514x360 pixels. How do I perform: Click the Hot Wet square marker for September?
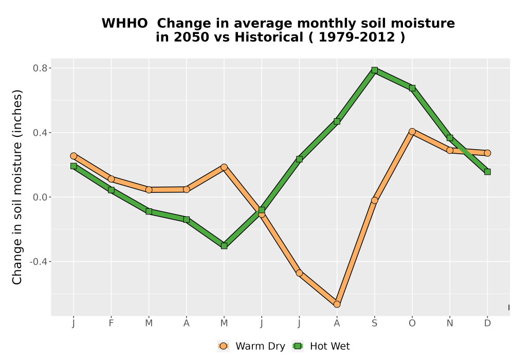coord(374,70)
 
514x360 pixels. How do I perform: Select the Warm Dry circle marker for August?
coord(337,304)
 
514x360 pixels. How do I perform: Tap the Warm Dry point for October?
coord(412,132)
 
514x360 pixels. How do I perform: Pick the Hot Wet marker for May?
coord(224,246)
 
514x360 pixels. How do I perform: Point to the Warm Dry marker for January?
coord(74,156)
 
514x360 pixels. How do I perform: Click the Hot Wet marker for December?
coord(487,172)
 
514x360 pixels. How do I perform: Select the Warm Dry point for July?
coord(299,273)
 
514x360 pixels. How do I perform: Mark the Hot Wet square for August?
coord(337,121)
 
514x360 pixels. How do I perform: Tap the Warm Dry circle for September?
coord(374,201)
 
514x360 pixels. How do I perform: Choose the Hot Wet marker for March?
coord(149,211)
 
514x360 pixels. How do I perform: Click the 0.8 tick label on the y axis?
coord(40,68)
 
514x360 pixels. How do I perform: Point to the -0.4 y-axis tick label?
coord(39,262)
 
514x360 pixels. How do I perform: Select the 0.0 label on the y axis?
coord(40,197)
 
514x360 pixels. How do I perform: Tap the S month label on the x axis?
coord(374,323)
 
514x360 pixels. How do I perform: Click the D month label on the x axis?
coord(487,323)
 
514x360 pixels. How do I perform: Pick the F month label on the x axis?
coord(111,323)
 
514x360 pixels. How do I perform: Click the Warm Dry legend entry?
coord(251,346)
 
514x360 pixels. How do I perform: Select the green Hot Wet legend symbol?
coord(298,346)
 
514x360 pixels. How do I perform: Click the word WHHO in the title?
coord(124,24)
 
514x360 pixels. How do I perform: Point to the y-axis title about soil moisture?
coord(17,187)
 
